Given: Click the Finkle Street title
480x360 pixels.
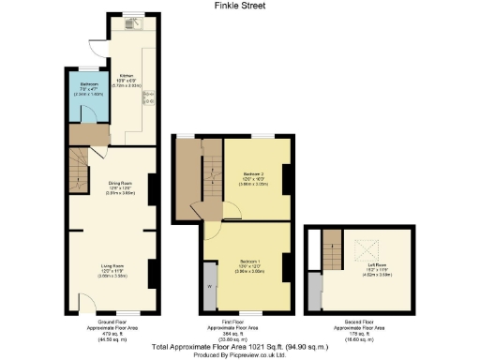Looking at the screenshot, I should (x=239, y=6).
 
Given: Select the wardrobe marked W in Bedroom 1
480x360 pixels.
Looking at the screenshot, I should (x=208, y=287).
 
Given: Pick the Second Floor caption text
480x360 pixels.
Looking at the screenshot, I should (x=359, y=327).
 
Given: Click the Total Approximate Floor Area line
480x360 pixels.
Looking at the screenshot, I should (x=239, y=345).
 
